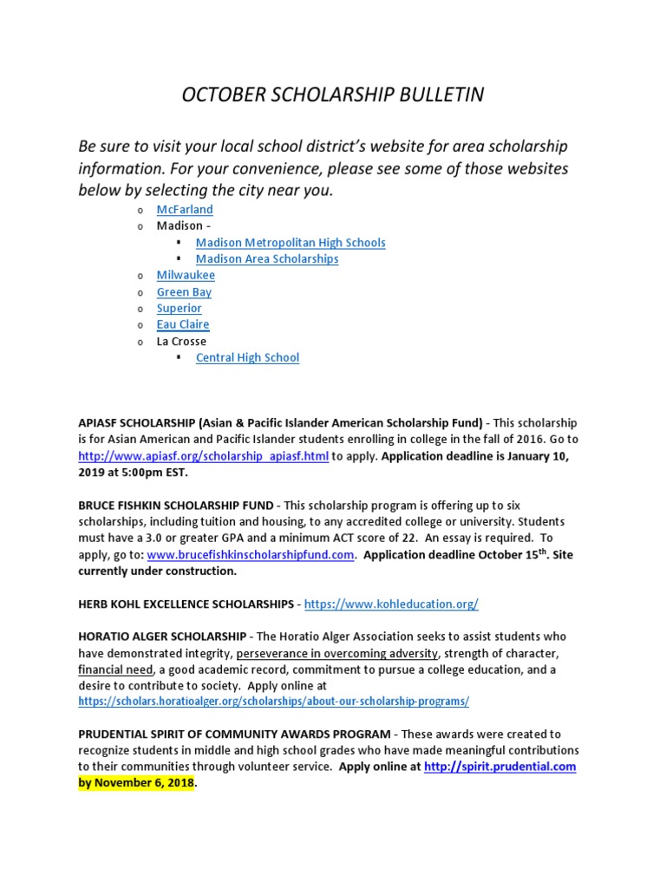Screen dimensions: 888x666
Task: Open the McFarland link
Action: click(185, 210)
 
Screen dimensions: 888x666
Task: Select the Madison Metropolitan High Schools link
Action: click(291, 243)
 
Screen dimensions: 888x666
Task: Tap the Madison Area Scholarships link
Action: click(267, 259)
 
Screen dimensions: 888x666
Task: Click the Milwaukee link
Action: click(186, 275)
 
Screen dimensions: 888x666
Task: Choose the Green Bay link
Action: click(184, 292)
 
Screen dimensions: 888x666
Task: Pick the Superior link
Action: click(179, 308)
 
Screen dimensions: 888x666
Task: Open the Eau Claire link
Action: click(183, 324)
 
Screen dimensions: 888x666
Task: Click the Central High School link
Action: click(247, 357)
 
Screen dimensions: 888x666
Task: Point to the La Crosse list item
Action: click(181, 341)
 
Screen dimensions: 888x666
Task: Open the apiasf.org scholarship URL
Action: click(203, 456)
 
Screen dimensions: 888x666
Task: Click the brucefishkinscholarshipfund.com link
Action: click(251, 555)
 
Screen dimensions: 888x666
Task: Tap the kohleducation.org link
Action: click(391, 604)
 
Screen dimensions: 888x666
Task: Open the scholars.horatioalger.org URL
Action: click(273, 701)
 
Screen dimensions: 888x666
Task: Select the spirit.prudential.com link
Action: click(499, 767)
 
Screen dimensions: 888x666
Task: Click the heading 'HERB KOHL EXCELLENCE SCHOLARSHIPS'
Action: click(186, 604)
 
